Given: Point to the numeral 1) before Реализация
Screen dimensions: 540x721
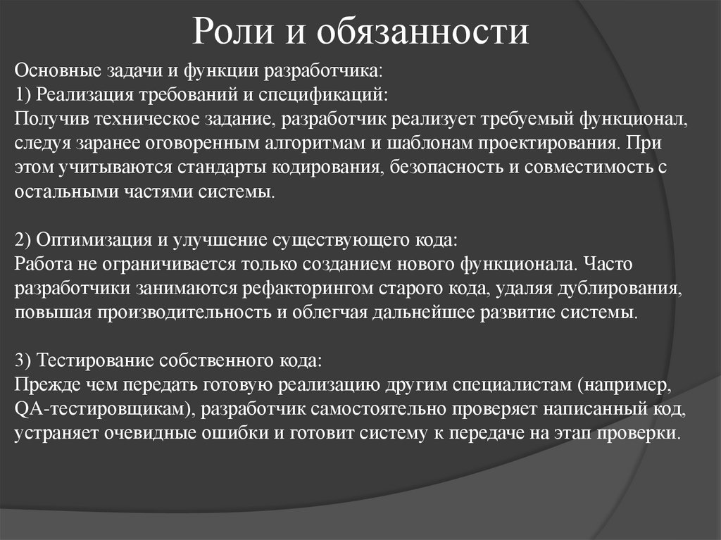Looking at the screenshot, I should point(23,94).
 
